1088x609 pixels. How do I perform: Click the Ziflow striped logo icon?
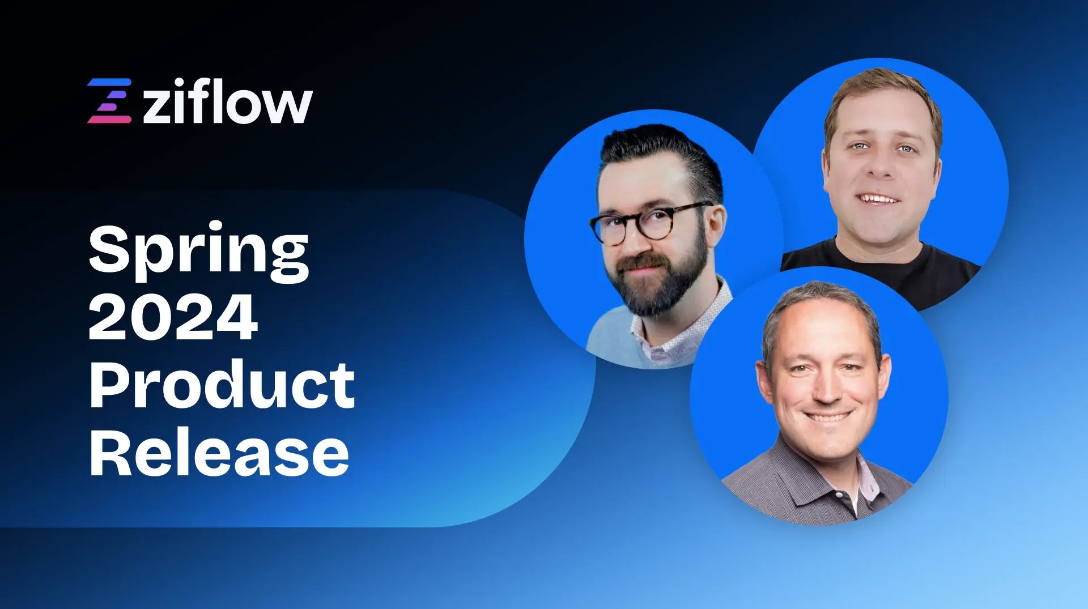pos(109,101)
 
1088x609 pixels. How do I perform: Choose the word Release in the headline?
pos(219,453)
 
